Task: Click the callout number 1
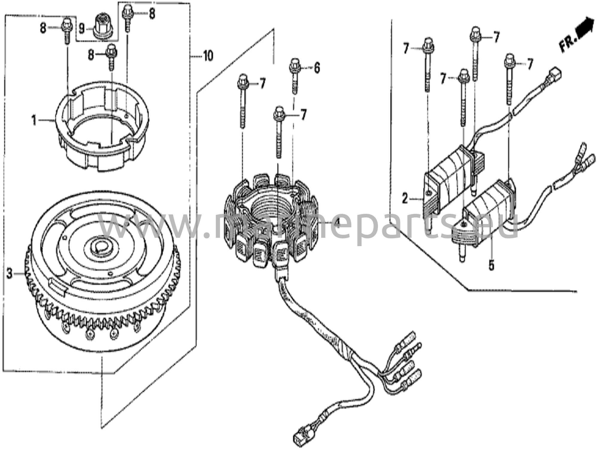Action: (x=34, y=121)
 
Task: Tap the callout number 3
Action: (x=10, y=273)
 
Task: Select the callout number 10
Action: (x=208, y=56)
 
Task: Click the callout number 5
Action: (x=491, y=265)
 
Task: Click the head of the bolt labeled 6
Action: (x=295, y=65)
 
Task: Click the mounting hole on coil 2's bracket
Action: (x=429, y=193)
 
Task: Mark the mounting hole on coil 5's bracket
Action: (x=464, y=224)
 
